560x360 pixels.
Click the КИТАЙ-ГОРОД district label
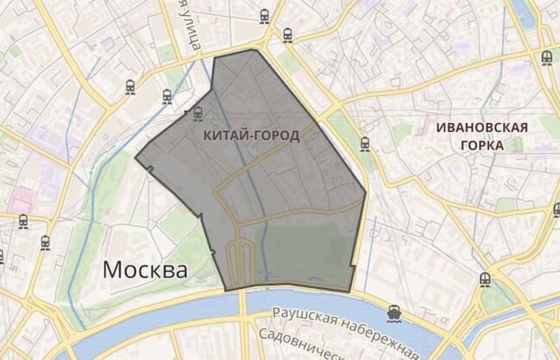(252, 135)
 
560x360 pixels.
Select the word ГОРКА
(482, 146)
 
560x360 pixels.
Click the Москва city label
(145, 270)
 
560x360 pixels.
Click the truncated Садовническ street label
(308, 346)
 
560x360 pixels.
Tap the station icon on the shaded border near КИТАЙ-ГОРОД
(198, 114)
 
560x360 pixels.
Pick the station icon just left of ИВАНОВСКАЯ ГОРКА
(365, 144)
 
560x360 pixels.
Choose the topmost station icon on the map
(265, 15)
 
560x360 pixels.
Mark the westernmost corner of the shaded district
(135, 158)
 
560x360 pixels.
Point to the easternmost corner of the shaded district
(366, 191)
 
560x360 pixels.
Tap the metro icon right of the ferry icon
(485, 280)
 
